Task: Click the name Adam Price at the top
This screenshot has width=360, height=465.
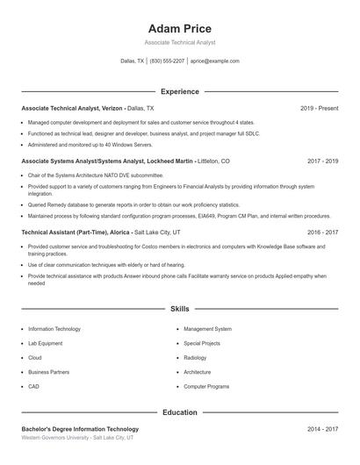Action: tap(179, 28)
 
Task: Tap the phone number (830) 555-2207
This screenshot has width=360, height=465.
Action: tap(167, 61)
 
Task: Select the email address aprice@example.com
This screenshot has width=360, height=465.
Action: tap(215, 61)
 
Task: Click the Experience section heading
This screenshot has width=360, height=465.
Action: tap(179, 91)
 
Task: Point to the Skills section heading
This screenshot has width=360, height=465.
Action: tap(179, 310)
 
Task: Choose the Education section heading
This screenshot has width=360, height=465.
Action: tap(179, 412)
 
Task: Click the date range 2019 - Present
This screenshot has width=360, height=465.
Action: tap(319, 108)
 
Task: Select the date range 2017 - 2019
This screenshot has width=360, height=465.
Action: tap(322, 161)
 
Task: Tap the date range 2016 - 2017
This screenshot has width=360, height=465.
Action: tap(322, 232)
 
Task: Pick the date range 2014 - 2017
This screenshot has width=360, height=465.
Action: tap(322, 429)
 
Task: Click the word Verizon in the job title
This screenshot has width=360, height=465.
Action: tap(112, 108)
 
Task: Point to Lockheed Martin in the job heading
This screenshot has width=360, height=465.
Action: tap(163, 161)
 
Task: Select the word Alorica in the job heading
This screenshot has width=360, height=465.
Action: tap(119, 232)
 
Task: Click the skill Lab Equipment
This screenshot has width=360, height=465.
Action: tap(47, 343)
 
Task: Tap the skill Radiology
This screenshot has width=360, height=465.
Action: tap(196, 357)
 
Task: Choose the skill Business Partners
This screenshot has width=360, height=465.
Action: tap(48, 372)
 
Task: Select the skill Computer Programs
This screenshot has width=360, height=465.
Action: tap(206, 386)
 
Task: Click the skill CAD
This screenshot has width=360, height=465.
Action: tap(33, 386)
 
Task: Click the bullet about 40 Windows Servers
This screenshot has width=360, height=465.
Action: tap(83, 144)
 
